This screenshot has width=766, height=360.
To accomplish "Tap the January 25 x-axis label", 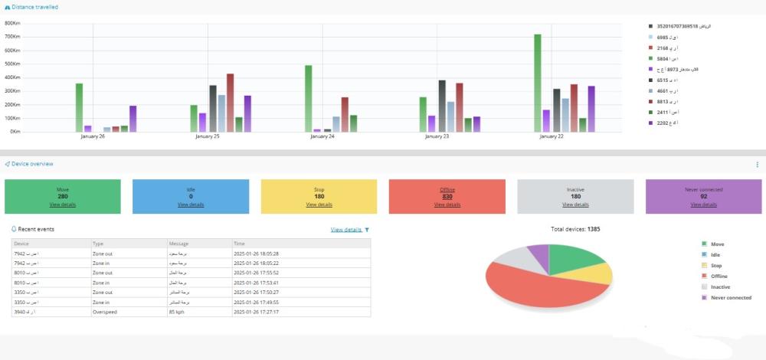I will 207,137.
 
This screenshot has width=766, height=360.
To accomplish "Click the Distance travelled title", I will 33,7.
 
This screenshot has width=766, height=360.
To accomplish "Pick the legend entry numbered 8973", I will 683,69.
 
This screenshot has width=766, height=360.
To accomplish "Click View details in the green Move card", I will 63,205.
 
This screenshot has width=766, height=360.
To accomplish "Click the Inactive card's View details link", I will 575,205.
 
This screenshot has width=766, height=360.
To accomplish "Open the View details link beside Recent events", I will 345,229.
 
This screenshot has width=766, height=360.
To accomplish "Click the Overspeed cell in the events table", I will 106,312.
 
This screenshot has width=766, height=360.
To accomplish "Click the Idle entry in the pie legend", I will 717,254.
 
